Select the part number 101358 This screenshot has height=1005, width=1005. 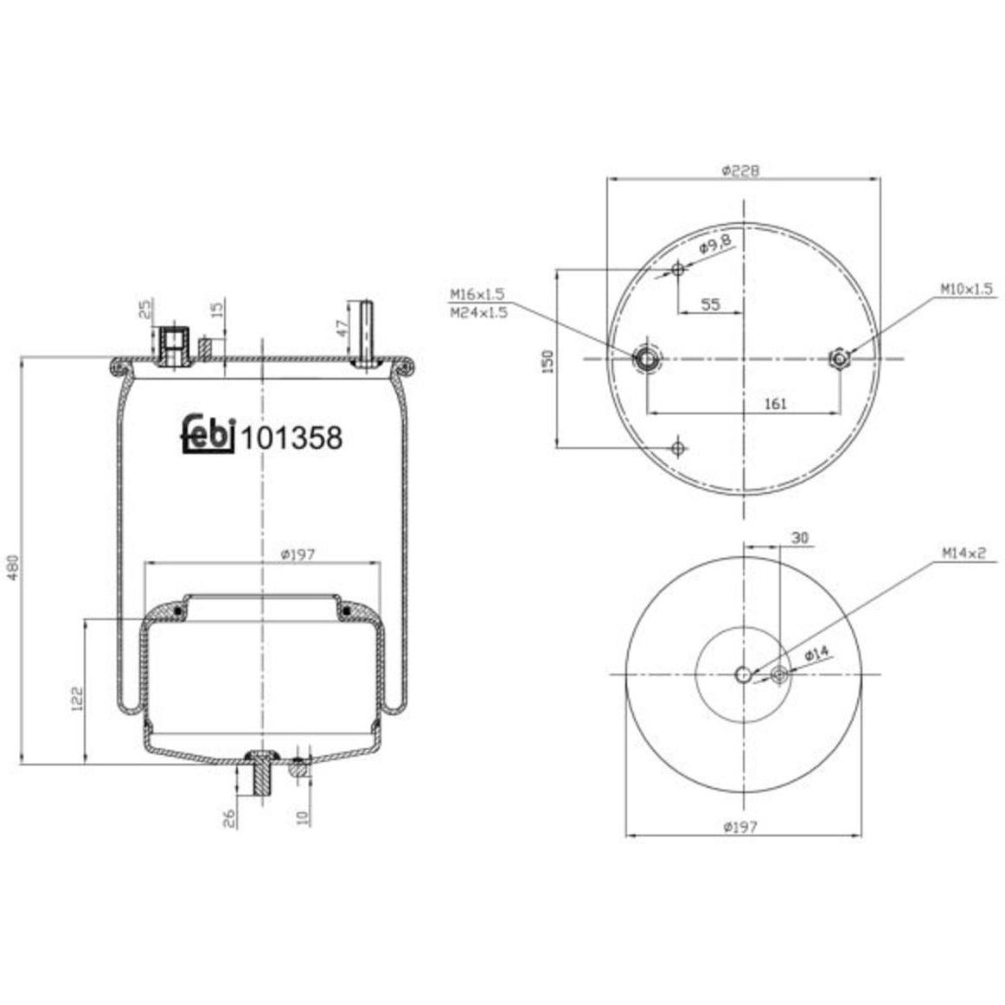tap(291, 438)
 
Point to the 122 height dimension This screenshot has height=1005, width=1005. tap(77, 699)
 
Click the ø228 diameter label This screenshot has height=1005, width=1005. tap(740, 170)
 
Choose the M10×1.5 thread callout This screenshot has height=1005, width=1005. tap(966, 289)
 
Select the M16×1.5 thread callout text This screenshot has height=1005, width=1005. tap(477, 294)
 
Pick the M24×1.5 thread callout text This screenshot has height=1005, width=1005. tap(478, 313)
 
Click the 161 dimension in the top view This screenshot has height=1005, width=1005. tap(776, 404)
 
